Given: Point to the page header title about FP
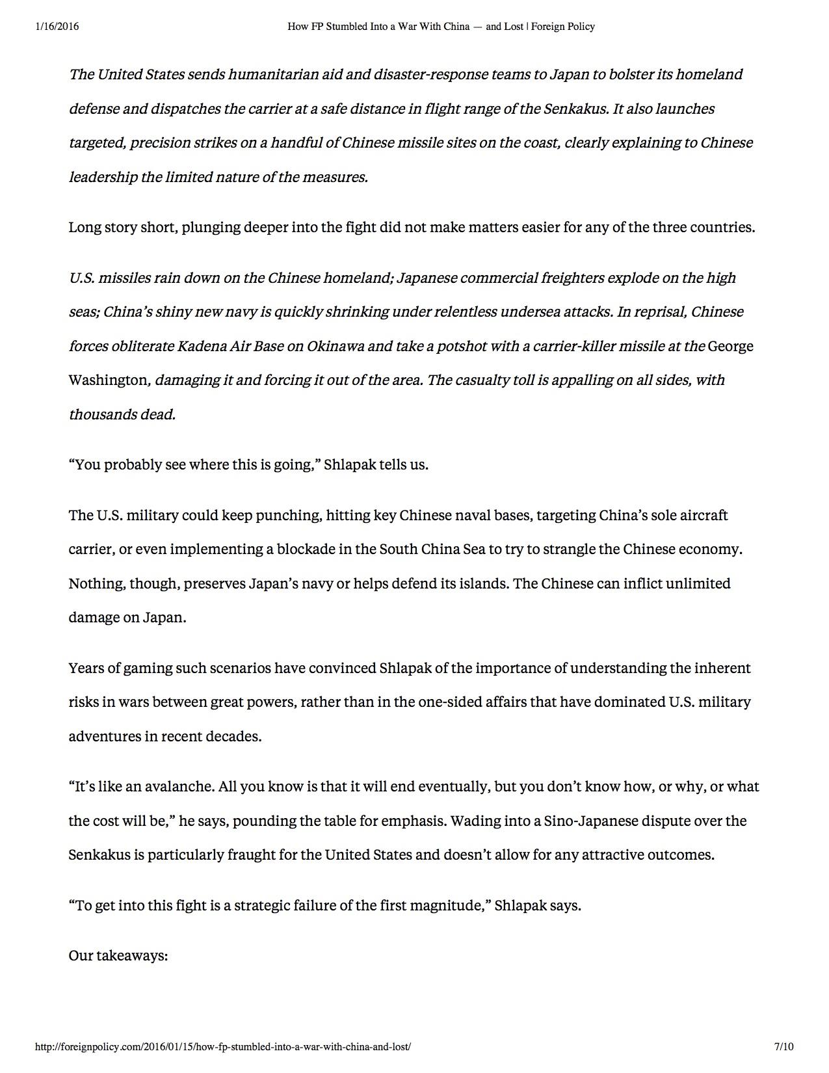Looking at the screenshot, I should (x=441, y=27).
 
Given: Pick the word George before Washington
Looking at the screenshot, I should (x=730, y=346).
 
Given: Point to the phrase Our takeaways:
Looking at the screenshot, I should (x=118, y=957).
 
